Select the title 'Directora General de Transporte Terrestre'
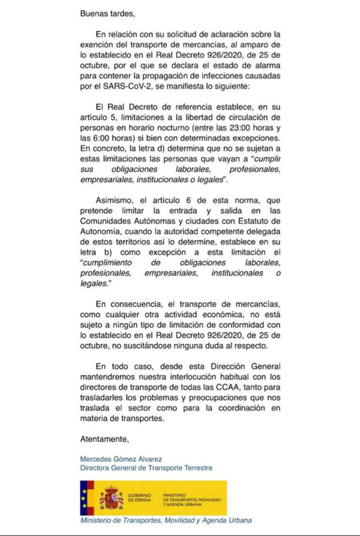145,468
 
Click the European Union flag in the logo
87,495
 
